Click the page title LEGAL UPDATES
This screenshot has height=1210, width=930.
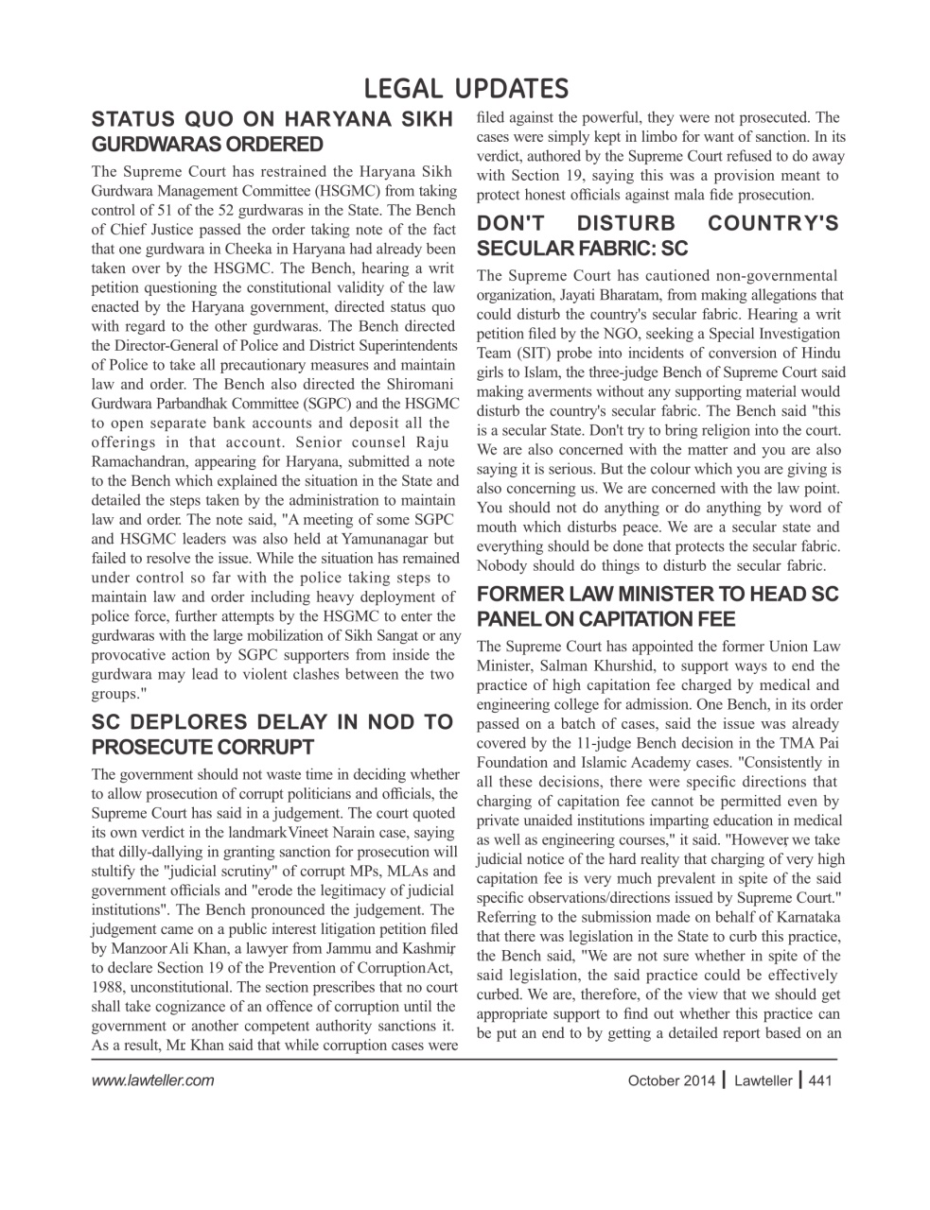pos(465,88)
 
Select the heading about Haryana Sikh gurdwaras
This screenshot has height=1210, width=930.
pos(272,132)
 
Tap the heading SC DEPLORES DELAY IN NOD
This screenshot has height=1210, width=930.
pos(272,735)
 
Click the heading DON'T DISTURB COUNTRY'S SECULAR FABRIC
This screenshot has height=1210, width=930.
pos(658,236)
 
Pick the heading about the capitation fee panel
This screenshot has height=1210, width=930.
pos(658,607)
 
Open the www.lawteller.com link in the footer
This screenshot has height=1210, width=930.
pos(152,1080)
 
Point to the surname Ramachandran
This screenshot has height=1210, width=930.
pos(137,461)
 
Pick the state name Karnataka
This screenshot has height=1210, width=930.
pos(801,917)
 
